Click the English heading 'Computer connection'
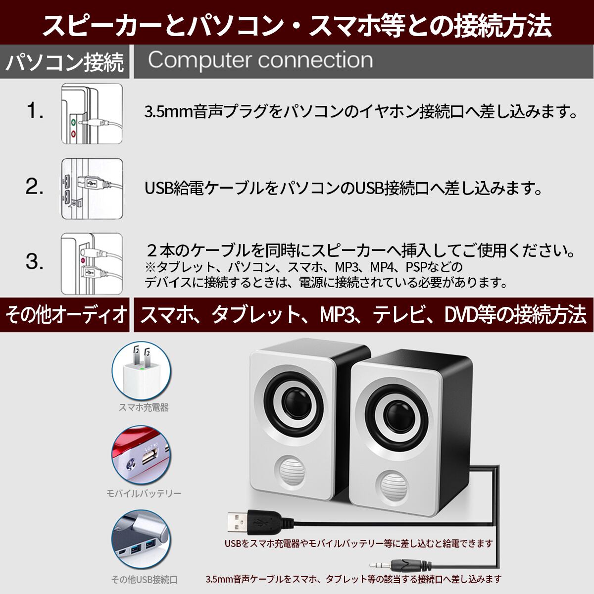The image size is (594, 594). [260, 60]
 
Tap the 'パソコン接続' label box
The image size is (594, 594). [65, 62]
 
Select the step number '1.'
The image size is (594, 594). [35, 111]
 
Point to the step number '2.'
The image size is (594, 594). [35, 187]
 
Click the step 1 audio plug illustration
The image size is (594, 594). [92, 114]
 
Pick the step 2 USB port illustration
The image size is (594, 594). [92, 189]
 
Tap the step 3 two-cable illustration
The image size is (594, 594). [92, 263]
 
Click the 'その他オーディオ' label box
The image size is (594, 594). [65, 315]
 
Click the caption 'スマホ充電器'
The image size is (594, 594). [144, 407]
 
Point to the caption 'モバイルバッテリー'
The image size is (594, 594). [144, 494]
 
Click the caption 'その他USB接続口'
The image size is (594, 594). [144, 580]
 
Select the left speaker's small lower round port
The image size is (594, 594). [290, 471]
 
